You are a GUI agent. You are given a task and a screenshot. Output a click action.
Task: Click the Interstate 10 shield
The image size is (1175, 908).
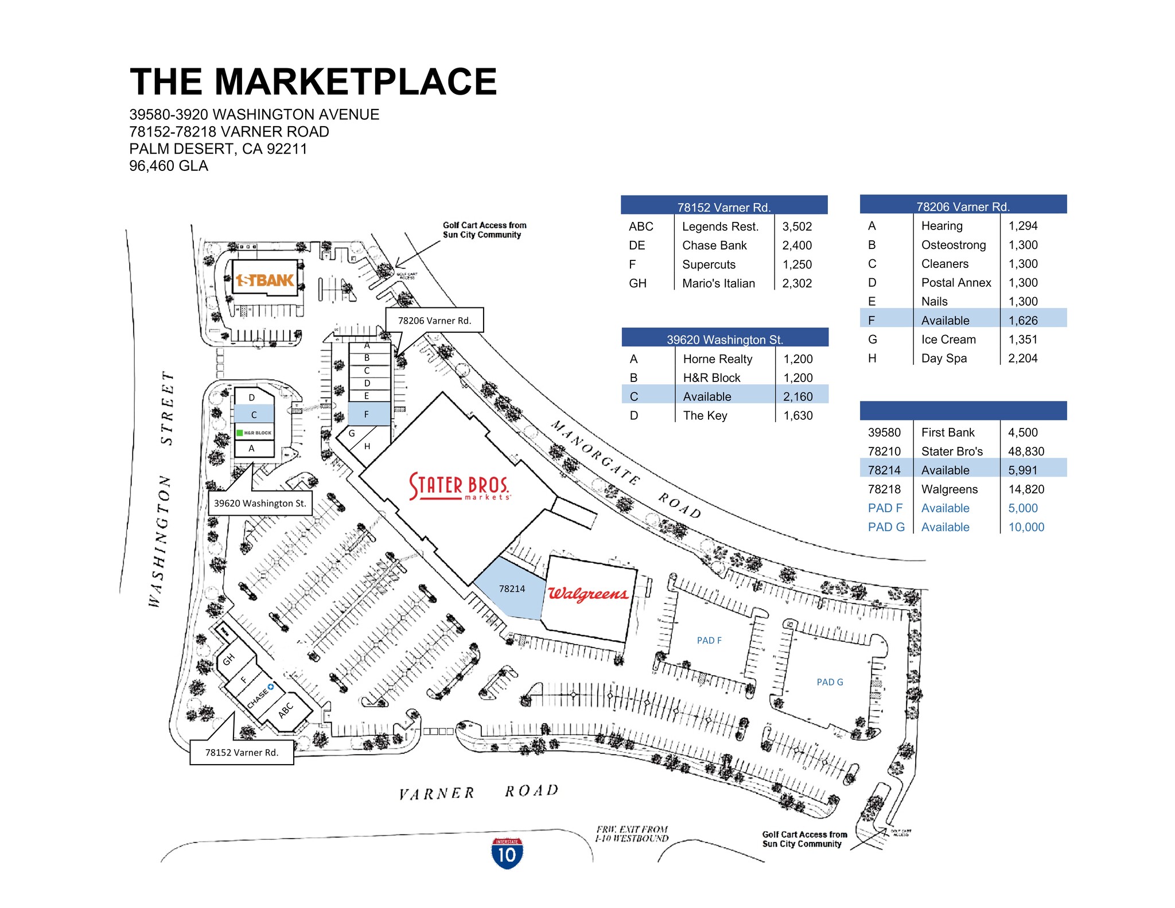point(507,853)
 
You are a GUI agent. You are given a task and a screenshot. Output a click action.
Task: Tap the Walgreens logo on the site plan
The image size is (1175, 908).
point(588,593)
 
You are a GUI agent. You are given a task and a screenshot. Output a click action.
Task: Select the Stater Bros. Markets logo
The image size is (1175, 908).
point(459,486)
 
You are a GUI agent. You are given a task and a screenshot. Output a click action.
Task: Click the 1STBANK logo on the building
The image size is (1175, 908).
point(265,280)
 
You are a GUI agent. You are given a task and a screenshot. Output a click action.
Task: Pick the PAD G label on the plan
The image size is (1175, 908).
point(830,682)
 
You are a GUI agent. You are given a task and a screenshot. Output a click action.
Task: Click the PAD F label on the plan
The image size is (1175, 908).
point(709,640)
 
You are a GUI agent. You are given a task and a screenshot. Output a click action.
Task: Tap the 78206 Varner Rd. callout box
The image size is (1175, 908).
point(434,320)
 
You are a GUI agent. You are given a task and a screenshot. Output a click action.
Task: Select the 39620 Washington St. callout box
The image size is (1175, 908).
point(260,503)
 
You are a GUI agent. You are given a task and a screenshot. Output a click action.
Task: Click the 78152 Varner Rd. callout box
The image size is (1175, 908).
point(242,752)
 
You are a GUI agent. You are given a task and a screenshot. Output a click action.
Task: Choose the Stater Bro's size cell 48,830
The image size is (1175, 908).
point(1026,451)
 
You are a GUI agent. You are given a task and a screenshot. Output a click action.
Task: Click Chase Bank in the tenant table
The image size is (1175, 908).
point(714,245)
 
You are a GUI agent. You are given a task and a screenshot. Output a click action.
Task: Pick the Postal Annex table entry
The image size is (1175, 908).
point(956,283)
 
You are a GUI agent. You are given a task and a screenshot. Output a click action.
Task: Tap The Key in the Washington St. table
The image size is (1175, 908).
point(705,416)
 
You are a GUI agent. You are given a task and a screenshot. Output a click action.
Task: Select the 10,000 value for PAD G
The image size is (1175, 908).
point(1026,527)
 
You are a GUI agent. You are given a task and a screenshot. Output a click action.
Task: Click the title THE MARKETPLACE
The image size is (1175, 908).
point(313,81)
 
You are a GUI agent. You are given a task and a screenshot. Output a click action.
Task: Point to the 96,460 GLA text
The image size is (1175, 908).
point(169,166)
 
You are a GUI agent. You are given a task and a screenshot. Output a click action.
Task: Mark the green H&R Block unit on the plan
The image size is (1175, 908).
point(254,432)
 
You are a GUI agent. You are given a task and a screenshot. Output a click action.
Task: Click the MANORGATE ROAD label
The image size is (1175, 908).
point(625,468)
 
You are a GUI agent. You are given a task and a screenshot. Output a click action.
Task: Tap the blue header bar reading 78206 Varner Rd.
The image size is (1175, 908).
point(963,205)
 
